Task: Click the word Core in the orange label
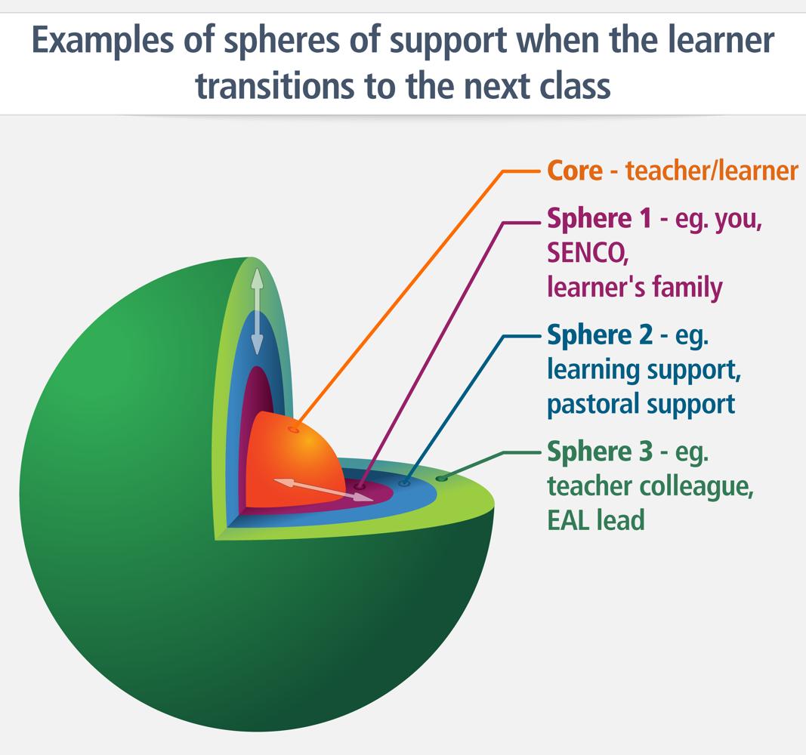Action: [x=574, y=171]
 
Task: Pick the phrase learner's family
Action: [x=635, y=288]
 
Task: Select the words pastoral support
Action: [x=641, y=403]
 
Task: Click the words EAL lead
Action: [x=595, y=520]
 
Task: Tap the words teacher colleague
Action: [x=650, y=486]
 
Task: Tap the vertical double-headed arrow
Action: [x=257, y=310]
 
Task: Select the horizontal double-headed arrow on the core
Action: [x=318, y=488]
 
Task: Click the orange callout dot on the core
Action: [x=294, y=430]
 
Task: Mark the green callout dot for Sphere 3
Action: [x=441, y=478]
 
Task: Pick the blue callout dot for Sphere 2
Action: [x=404, y=483]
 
